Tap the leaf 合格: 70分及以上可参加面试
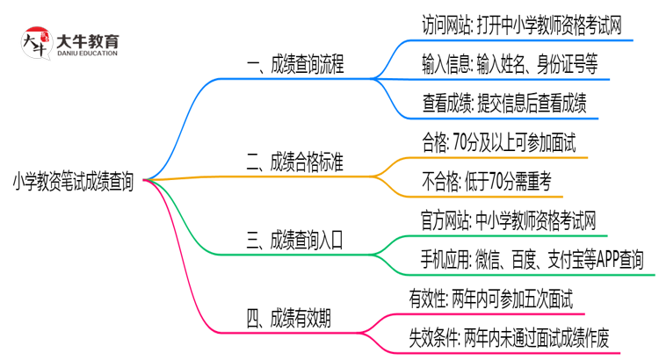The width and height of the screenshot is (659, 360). tap(499, 143)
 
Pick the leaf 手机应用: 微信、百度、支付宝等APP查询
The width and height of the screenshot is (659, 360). tap(532, 260)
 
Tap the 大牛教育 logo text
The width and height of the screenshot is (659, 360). tap(88, 40)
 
